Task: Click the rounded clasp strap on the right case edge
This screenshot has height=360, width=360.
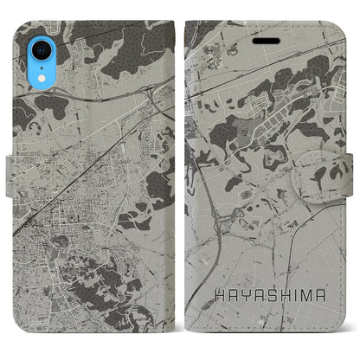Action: pos(333,178)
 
